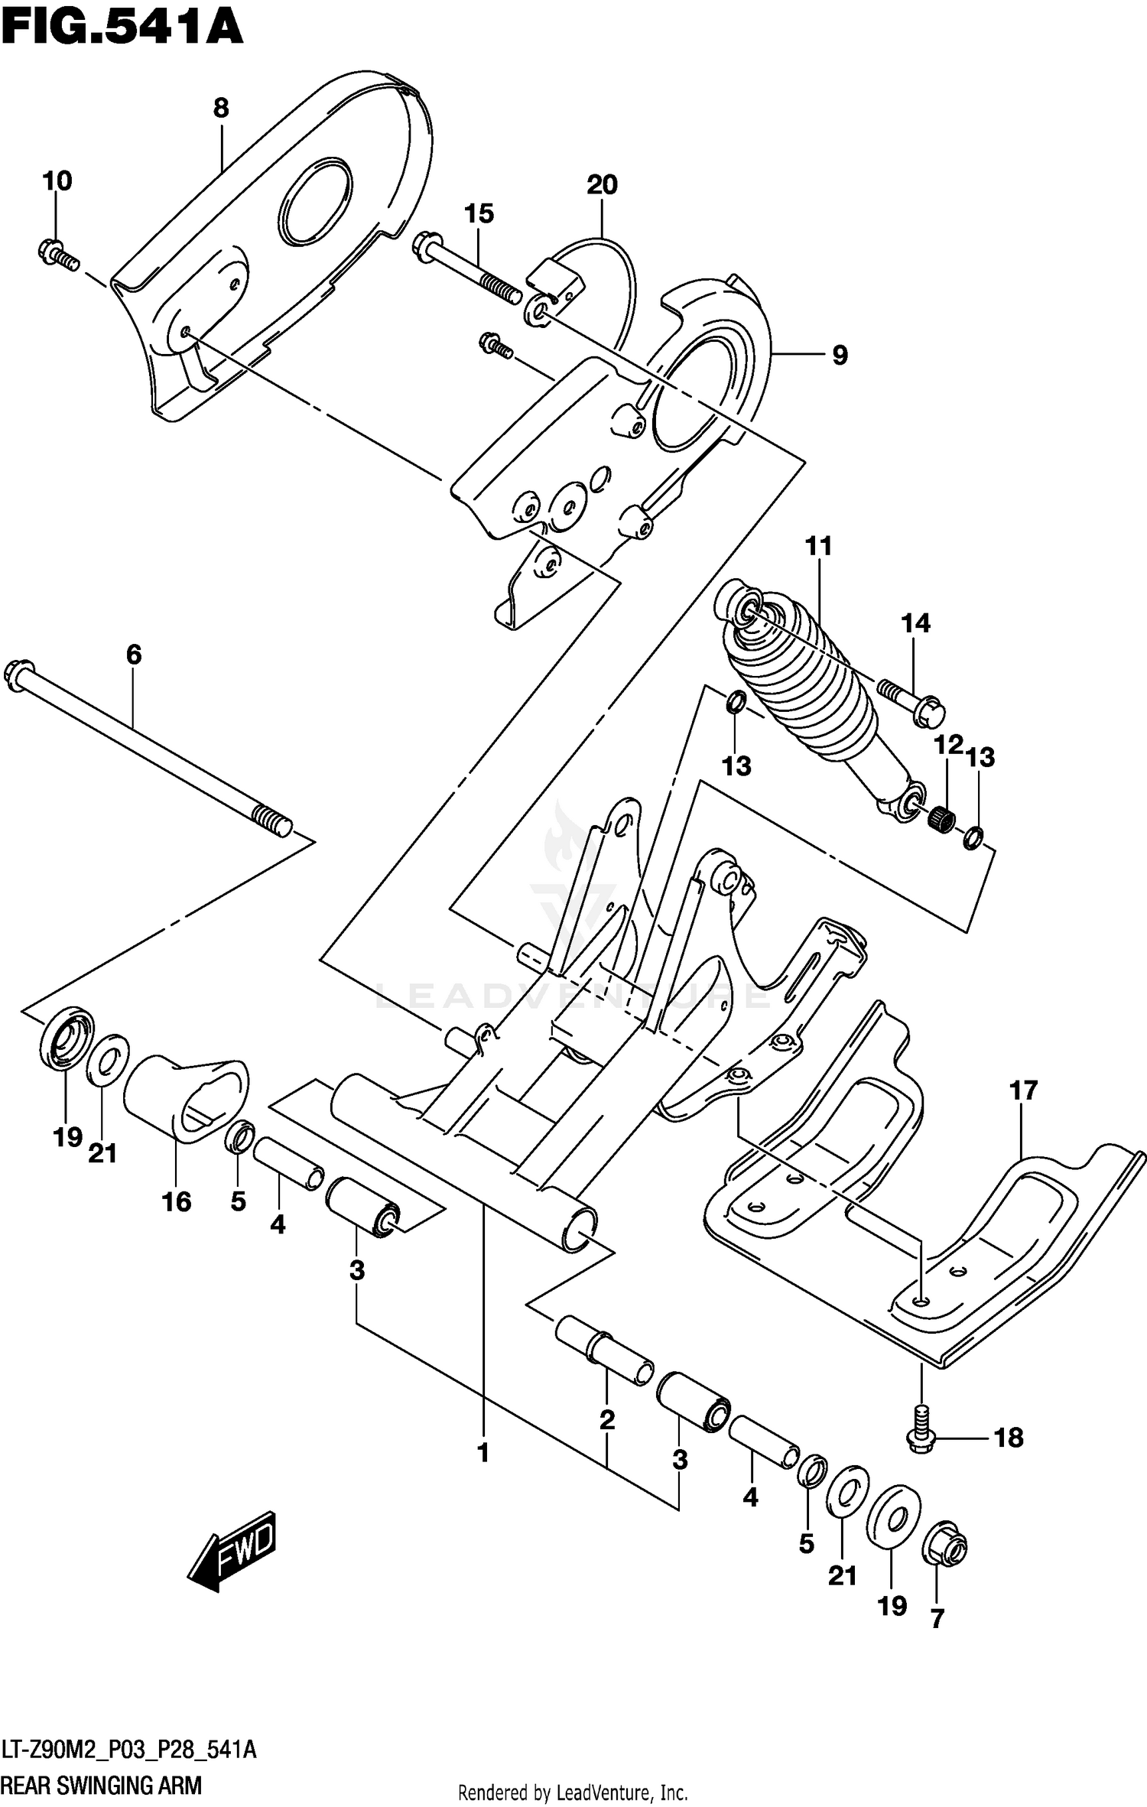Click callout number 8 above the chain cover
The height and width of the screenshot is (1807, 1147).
221,109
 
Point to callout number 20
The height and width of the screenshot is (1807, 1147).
602,185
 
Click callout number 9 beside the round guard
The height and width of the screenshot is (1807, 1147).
839,355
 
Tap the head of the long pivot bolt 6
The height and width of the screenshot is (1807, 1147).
19,674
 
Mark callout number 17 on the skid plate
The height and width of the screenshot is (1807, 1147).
1023,1091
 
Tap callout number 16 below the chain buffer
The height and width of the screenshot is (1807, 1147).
176,1201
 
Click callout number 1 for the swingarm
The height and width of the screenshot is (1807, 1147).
483,1453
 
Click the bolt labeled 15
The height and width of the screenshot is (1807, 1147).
466,270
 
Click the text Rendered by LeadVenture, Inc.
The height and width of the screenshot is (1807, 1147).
573,1792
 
